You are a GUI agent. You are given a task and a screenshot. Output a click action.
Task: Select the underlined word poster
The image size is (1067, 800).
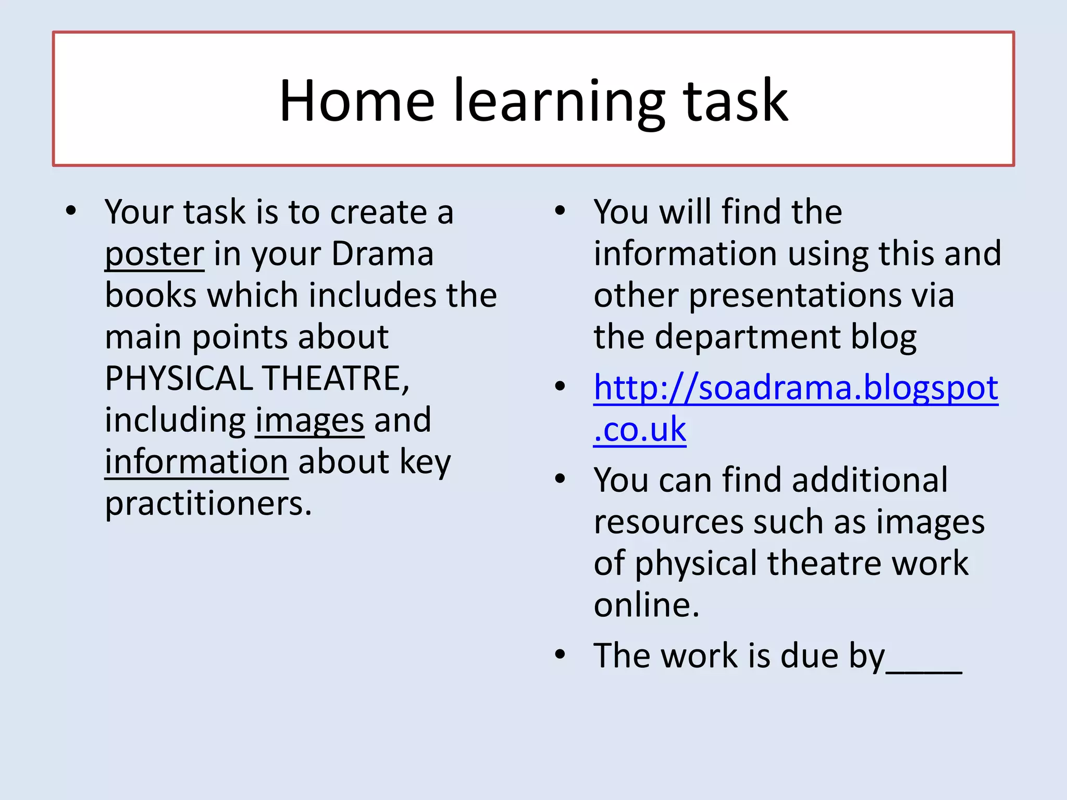(x=154, y=255)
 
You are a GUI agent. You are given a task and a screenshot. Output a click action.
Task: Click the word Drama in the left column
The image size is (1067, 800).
(x=382, y=254)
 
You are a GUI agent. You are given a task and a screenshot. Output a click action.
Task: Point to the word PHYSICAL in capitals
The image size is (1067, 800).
(x=178, y=378)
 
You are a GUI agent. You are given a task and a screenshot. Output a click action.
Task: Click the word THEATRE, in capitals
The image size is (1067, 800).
(x=336, y=378)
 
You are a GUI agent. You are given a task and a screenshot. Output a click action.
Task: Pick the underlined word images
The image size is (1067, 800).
(x=309, y=421)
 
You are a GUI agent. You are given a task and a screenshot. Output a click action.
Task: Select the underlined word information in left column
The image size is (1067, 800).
(x=196, y=462)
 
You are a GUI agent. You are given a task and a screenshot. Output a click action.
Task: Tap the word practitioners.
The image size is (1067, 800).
(x=208, y=504)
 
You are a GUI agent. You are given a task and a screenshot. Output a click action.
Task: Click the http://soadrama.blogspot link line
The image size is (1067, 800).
(x=796, y=389)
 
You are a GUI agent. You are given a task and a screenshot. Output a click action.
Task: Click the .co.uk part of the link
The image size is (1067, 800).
(x=640, y=430)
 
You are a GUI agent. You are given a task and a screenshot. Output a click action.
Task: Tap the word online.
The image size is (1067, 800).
(x=646, y=605)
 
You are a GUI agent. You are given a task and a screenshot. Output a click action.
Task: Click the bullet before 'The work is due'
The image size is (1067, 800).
(x=560, y=654)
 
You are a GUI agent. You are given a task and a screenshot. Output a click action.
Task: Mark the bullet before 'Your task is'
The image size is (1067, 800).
(x=71, y=211)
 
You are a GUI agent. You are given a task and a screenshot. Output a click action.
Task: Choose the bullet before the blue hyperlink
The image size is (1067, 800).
(x=560, y=386)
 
